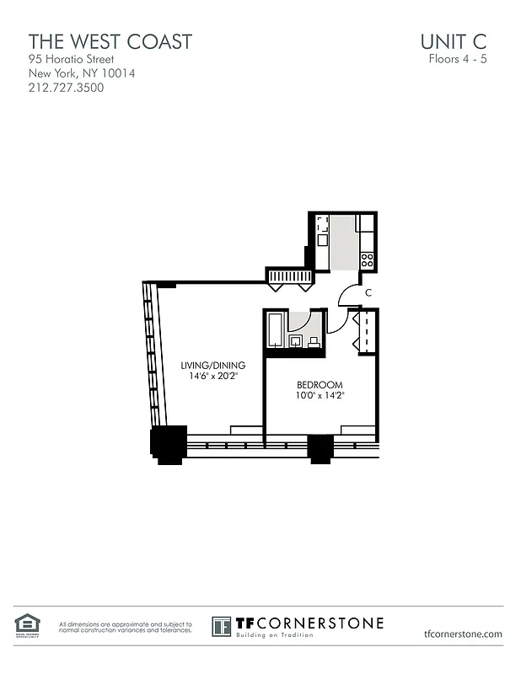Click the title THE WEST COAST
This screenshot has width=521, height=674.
(x=110, y=41)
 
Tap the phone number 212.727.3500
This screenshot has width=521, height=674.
(x=67, y=87)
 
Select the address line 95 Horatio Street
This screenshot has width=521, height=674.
(x=71, y=60)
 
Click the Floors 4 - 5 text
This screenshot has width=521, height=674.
(x=458, y=60)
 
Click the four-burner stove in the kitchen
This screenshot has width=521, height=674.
(x=367, y=260)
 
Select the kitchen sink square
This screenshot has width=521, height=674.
(x=322, y=240)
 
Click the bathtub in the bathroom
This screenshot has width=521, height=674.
(x=276, y=330)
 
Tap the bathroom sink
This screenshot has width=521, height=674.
(x=296, y=341)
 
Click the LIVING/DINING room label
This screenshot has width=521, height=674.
(x=213, y=365)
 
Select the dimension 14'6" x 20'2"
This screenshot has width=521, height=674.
(x=213, y=376)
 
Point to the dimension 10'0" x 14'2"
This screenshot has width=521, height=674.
(x=320, y=395)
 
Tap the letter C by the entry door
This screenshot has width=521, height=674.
(x=368, y=293)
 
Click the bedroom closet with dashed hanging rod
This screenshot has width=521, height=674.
(x=365, y=332)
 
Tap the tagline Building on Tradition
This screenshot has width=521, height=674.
(x=274, y=634)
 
